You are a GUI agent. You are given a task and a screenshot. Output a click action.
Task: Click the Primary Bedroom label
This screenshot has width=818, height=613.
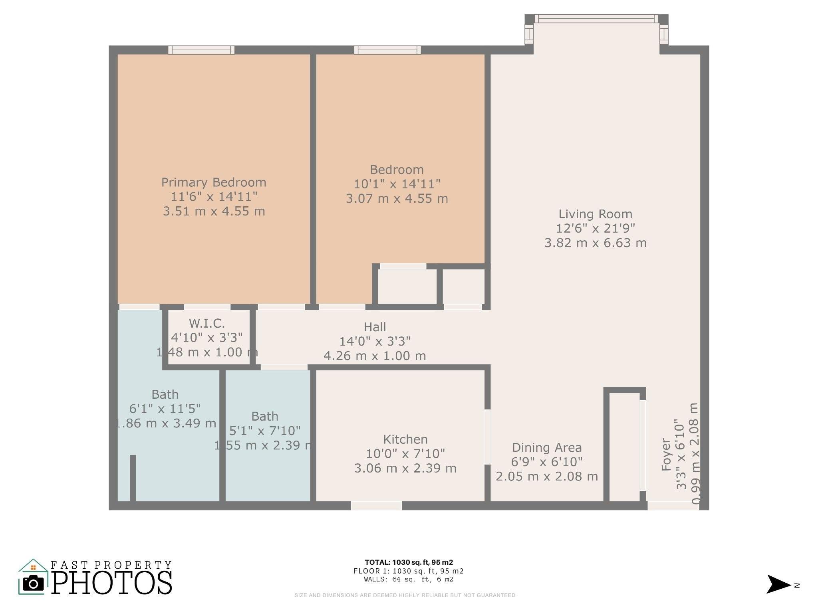[x=214, y=182]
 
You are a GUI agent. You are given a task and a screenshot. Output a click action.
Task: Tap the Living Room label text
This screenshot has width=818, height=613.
[x=595, y=214]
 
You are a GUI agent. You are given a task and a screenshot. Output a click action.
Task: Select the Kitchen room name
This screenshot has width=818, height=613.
[x=405, y=439]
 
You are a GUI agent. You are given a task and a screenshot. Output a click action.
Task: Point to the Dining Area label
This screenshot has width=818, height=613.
[x=547, y=448]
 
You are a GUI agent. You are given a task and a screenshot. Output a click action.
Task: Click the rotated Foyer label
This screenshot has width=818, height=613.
[x=666, y=455]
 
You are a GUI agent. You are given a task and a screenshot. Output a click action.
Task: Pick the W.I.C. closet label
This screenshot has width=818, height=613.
[x=207, y=323]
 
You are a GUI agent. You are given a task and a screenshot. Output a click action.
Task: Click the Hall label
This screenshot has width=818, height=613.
[x=375, y=327]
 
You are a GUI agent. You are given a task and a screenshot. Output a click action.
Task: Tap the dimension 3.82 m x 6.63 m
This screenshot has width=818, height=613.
[x=595, y=243]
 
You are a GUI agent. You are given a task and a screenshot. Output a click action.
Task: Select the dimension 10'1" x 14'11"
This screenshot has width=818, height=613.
[x=397, y=184]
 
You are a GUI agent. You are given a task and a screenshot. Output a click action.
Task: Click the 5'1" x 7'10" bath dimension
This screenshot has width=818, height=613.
[x=265, y=431]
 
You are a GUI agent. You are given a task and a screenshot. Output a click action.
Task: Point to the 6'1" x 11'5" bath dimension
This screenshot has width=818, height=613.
[x=165, y=409]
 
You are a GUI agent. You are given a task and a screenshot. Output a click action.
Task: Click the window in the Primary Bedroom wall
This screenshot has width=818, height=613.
[x=201, y=50]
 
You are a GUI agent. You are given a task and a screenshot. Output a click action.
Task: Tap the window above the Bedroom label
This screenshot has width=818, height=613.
[x=387, y=50]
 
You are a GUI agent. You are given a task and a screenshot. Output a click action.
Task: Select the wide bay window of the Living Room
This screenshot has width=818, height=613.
[x=596, y=19]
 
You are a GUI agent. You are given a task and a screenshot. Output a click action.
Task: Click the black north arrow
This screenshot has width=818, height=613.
[x=778, y=585]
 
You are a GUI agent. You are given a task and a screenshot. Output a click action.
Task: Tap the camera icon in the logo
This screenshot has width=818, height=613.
[x=33, y=584]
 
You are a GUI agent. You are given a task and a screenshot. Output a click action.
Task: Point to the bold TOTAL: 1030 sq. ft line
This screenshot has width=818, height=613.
[x=409, y=563]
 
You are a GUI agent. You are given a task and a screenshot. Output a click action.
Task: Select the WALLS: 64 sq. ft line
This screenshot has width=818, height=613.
[x=409, y=579]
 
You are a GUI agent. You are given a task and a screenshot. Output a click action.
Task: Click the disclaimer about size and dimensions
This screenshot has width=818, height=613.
[x=405, y=595]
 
